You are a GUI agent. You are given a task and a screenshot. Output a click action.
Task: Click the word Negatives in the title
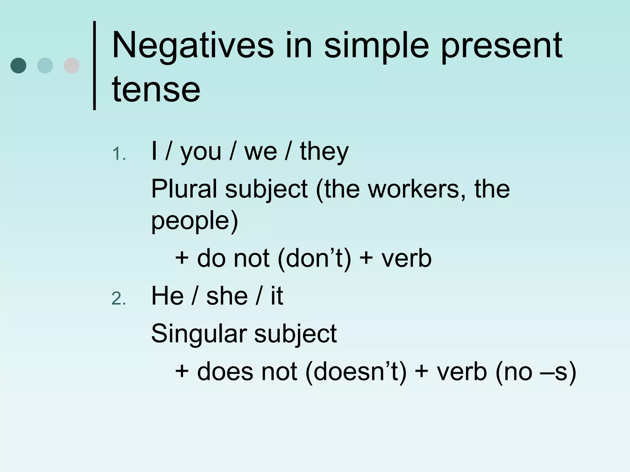(x=193, y=46)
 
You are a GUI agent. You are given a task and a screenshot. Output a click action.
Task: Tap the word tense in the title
(x=156, y=89)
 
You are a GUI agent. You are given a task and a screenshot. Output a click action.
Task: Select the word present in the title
(x=502, y=46)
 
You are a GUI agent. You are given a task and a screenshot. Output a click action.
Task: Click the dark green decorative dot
(x=18, y=65)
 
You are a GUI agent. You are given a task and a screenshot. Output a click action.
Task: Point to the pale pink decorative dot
(x=72, y=65)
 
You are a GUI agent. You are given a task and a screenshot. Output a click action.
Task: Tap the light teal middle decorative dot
(x=45, y=65)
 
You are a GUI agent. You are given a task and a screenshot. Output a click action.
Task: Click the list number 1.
(x=118, y=154)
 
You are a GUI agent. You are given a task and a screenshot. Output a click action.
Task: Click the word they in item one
(x=324, y=151)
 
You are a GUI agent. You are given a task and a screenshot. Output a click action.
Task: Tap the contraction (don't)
(x=314, y=258)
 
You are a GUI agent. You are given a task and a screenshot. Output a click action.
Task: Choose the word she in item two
(x=227, y=296)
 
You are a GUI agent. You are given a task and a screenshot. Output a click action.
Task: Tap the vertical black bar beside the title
(x=94, y=65)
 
